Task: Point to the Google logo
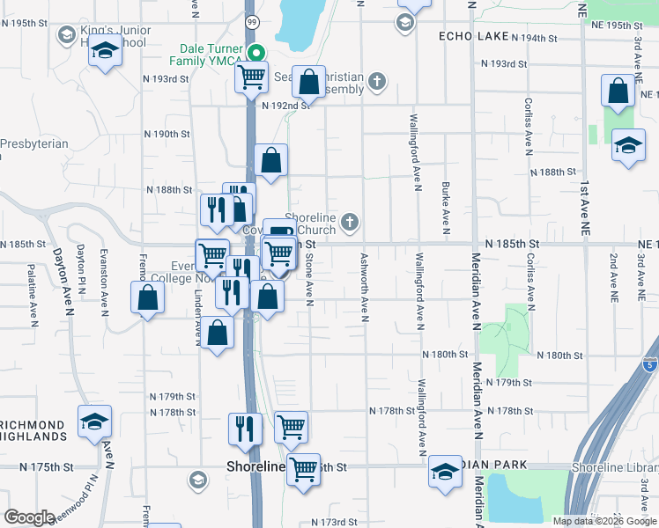[30, 517]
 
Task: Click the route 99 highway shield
[253, 21]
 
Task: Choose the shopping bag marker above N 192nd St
[309, 83]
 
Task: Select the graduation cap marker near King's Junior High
[105, 50]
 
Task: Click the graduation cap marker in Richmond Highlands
[94, 421]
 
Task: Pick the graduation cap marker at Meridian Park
[445, 471]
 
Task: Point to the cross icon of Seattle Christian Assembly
[377, 83]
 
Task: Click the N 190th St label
[167, 134]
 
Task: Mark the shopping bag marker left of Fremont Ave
[147, 297]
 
